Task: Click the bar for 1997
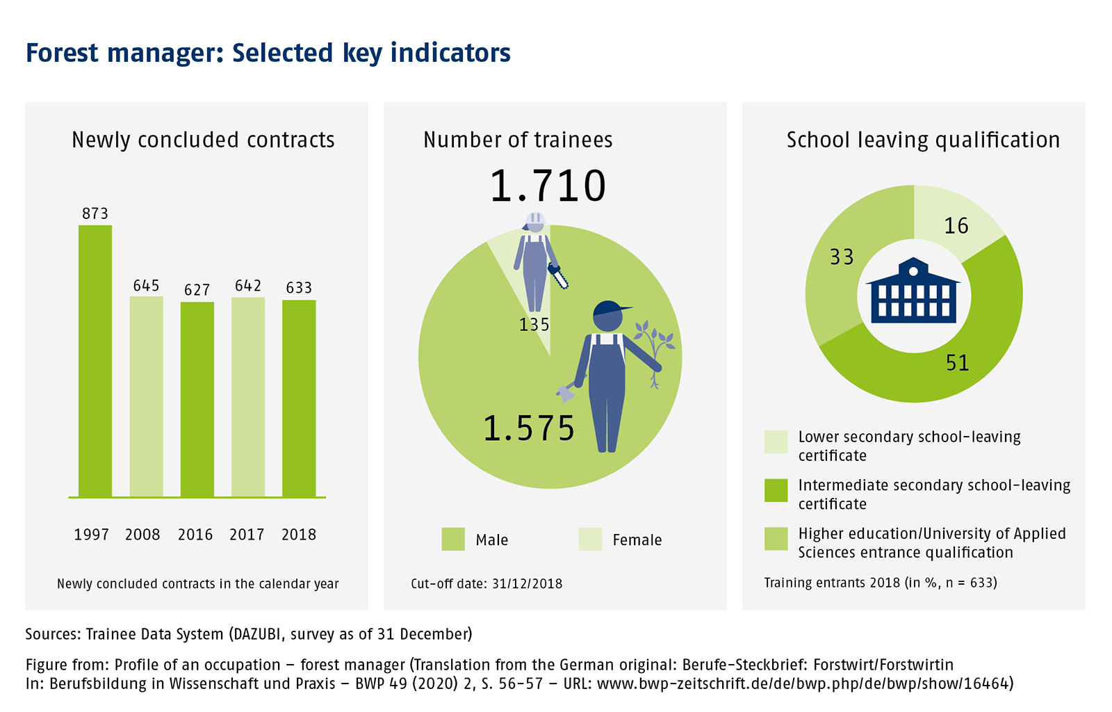tap(95, 361)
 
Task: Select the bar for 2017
tap(248, 397)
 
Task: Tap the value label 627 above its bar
tap(197, 290)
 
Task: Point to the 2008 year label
tap(142, 535)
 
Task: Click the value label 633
tap(299, 288)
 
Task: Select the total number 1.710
tap(548, 186)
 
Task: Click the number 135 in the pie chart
tap(534, 325)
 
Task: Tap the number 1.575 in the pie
tap(529, 428)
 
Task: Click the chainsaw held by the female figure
tap(558, 276)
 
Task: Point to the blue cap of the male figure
tap(611, 307)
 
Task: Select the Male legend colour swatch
tap(453, 540)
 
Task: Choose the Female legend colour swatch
tap(590, 540)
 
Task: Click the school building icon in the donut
tap(913, 291)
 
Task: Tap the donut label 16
tap(956, 226)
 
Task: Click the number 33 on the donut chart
tap(842, 257)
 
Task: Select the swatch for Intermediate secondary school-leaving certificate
tap(776, 490)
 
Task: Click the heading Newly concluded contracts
tap(203, 140)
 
